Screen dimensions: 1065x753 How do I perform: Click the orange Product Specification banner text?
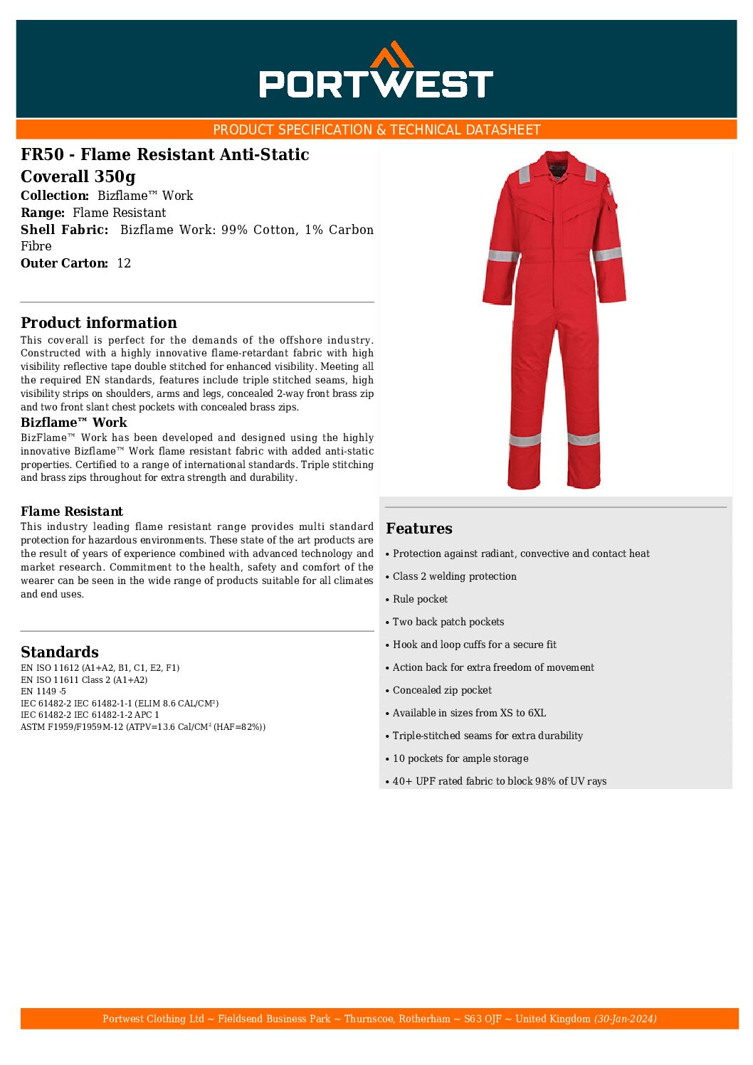click(376, 129)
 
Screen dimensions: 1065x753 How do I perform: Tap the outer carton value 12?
click(124, 263)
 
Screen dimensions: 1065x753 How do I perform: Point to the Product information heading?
click(99, 322)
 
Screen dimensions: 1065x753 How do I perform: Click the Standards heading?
click(60, 652)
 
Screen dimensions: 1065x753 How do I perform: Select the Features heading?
click(419, 528)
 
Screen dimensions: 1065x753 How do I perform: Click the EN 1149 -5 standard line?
click(43, 692)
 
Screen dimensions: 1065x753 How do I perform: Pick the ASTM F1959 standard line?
click(143, 727)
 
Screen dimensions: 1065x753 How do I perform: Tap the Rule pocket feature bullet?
click(420, 599)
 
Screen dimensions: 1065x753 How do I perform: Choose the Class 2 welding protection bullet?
click(454, 576)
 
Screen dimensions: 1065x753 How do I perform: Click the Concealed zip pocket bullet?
click(442, 690)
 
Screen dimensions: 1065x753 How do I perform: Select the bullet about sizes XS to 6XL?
click(469, 713)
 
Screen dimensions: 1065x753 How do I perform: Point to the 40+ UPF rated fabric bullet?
click(499, 781)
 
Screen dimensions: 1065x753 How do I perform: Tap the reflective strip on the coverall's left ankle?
click(525, 440)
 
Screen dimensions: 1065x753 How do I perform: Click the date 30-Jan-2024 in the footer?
click(626, 1019)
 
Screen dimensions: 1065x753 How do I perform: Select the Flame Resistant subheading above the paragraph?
click(72, 512)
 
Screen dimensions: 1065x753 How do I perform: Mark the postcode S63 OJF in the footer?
click(483, 1019)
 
